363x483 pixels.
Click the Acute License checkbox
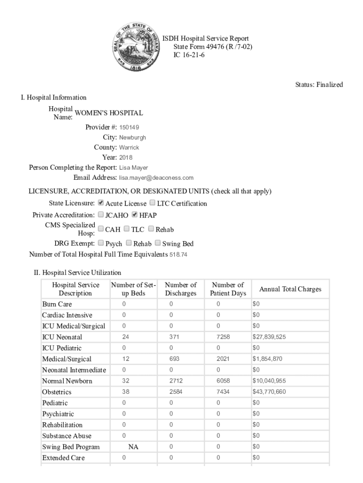click(x=100, y=203)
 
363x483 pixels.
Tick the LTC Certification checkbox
click(x=152, y=203)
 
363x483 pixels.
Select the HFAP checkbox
click(x=134, y=215)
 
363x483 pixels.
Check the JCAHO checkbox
click(x=100, y=215)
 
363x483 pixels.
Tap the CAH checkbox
click(x=100, y=229)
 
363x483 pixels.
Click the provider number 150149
click(x=129, y=127)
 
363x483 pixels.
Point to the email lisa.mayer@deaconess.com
click(x=156, y=178)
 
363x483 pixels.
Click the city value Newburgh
click(x=132, y=138)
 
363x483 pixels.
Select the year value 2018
click(x=126, y=158)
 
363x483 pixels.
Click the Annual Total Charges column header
click(x=290, y=289)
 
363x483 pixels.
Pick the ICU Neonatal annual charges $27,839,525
click(x=269, y=337)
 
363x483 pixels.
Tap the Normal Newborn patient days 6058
click(x=223, y=381)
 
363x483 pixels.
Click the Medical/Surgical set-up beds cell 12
click(x=125, y=359)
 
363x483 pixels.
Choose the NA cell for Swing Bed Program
click(x=133, y=447)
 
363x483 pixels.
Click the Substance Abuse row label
click(x=66, y=436)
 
